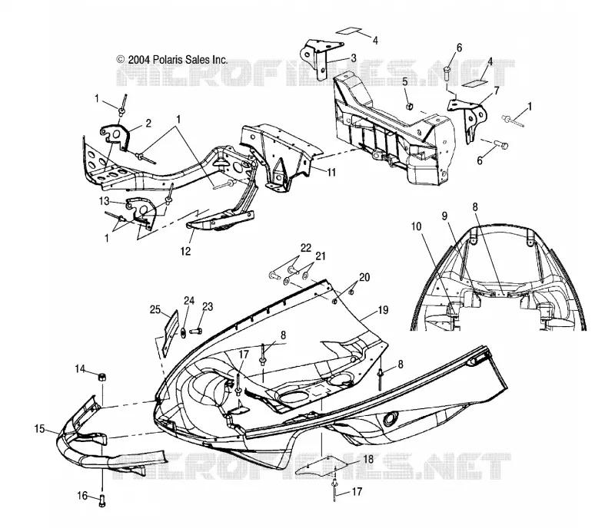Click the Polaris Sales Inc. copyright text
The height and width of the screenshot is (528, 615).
coord(172,60)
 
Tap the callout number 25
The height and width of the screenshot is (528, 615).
coord(155,309)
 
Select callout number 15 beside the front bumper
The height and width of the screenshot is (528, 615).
coord(39,428)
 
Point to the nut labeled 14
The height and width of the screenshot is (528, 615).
coord(102,378)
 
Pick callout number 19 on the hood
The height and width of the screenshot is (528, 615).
coord(383,310)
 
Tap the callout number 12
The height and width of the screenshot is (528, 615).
coord(185,251)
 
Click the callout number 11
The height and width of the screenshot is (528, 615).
coord(331,172)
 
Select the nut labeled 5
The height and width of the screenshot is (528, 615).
coord(409,106)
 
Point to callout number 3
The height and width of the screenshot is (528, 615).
coord(354,58)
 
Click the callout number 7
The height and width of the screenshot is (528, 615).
coord(497,91)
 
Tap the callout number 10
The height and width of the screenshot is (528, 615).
coord(416,226)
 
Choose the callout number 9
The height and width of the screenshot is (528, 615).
coord(444,216)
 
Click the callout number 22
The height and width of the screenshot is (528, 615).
coord(306,248)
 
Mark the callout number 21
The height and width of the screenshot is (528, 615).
coord(321,256)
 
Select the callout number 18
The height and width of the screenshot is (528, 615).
coord(369,459)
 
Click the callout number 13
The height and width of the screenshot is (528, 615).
coord(104,201)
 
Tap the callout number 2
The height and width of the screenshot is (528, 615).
coord(148,124)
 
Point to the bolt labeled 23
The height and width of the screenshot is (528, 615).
coord(196,332)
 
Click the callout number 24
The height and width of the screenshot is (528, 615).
coord(189,300)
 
